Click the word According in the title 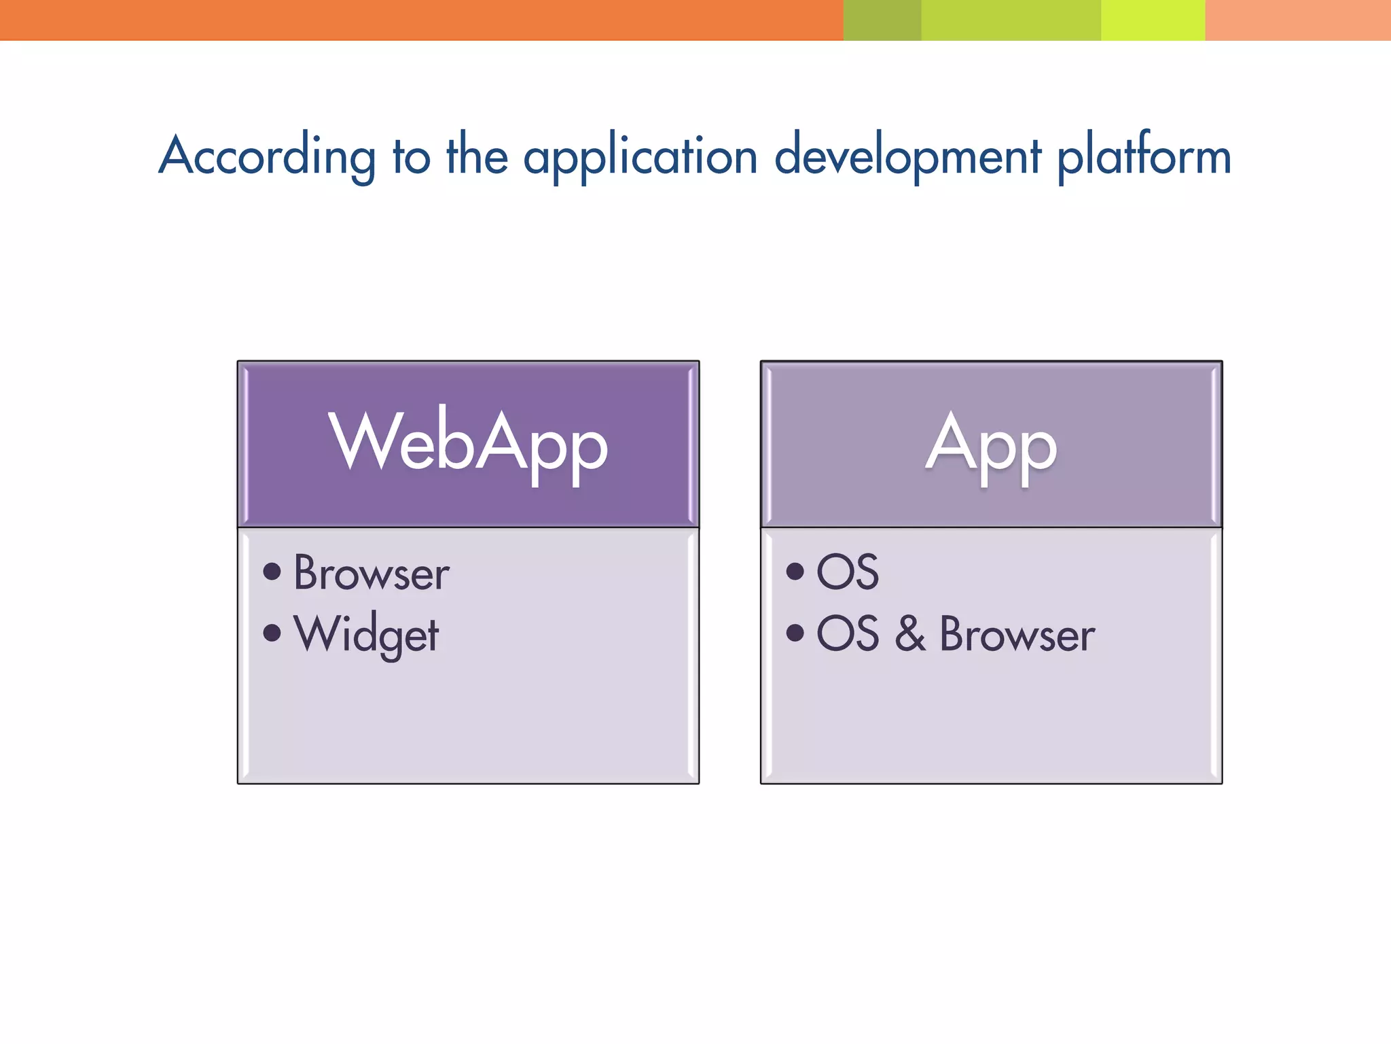267,156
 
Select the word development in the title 908,156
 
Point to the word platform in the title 1144,156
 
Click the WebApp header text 468,442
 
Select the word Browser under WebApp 372,573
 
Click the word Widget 367,635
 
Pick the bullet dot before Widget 272,633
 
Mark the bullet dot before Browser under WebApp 272,571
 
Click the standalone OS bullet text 848,572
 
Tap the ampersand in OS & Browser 910,633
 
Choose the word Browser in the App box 1017,634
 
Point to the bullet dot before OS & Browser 795,633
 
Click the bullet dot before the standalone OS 795,571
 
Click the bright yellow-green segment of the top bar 1153,20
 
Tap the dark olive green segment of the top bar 882,20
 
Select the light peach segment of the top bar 1298,20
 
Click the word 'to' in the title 412,156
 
